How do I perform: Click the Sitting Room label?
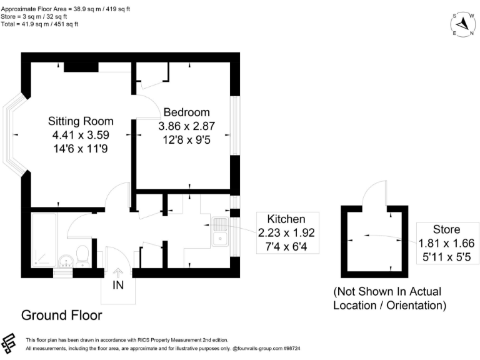pyautogui.click(x=81, y=121)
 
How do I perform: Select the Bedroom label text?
pyautogui.click(x=186, y=112)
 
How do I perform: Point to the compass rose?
pyautogui.click(x=463, y=24)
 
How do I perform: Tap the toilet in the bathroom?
pyautogui.click(x=82, y=254)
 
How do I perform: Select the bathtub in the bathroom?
pyautogui.click(x=43, y=237)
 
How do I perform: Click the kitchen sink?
pyautogui.click(x=219, y=232)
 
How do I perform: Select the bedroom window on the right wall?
pyautogui.click(x=235, y=125)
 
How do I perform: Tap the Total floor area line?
pyautogui.click(x=40, y=24)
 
